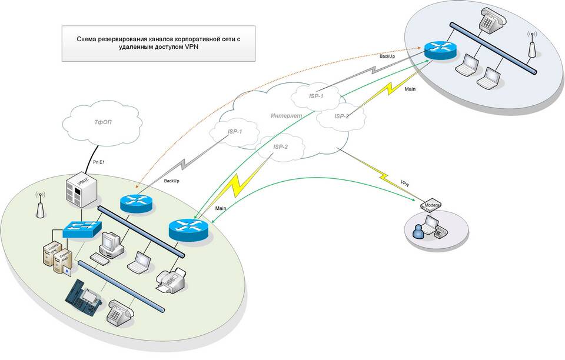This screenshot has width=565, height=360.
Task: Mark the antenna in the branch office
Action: pos(532,44)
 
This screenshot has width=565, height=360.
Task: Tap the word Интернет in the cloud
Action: pos(287,116)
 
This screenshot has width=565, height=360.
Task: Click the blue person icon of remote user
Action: pos(418,231)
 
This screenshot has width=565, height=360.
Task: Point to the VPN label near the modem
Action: pos(405,184)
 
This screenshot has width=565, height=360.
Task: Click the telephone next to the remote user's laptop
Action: pos(440,232)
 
